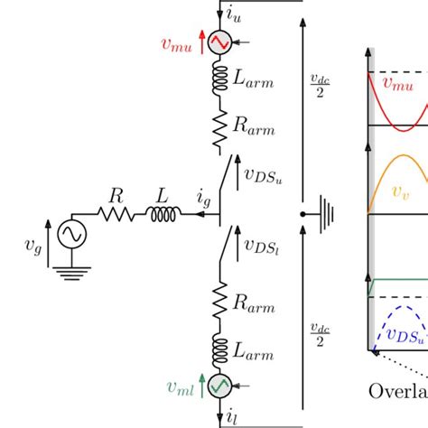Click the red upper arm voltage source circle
(x=220, y=42)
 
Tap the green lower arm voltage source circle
(x=220, y=386)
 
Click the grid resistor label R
(x=116, y=194)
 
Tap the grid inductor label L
(x=160, y=194)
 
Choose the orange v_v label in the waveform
(x=398, y=191)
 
